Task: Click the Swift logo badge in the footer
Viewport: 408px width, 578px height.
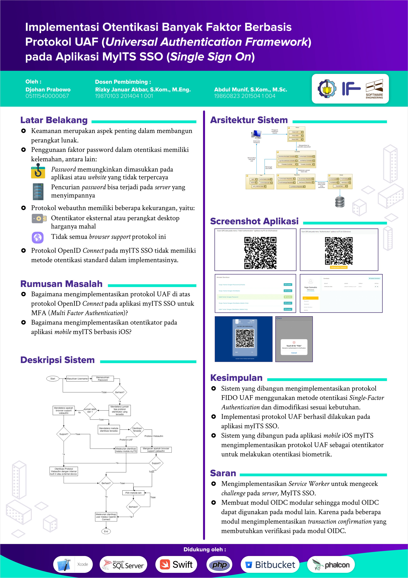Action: (176, 565)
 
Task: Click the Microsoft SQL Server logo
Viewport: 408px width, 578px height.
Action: (123, 565)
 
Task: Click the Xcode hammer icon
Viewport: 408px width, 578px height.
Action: (64, 565)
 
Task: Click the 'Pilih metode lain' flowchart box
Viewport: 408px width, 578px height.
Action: (133, 493)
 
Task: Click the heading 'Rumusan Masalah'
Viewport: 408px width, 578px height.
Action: (61, 284)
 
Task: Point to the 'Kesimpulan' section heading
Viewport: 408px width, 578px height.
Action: (236, 378)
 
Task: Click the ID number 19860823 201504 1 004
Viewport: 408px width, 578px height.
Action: (245, 96)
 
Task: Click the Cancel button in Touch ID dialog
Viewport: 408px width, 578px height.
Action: (294, 353)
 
